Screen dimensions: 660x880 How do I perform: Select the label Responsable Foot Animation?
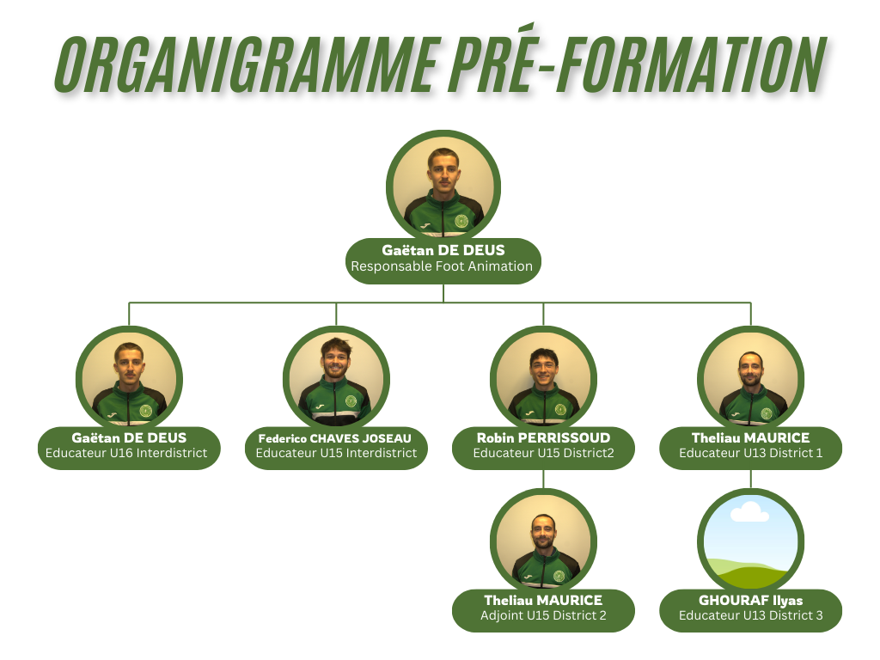click(442, 266)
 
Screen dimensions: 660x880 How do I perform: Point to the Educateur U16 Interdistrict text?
click(126, 453)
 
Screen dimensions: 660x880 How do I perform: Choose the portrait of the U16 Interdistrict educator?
click(129, 380)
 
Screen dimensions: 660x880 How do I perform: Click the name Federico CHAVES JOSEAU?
click(335, 438)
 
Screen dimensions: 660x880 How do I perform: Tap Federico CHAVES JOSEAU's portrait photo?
click(336, 380)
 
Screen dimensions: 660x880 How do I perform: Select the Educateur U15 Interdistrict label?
click(336, 453)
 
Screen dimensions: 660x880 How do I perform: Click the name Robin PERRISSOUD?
click(543, 438)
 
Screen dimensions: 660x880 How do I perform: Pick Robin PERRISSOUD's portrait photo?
click(543, 380)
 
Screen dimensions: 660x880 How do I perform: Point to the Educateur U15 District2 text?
click(543, 453)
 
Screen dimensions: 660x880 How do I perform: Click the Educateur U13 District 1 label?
click(750, 453)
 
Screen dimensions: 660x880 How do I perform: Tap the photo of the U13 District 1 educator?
click(751, 380)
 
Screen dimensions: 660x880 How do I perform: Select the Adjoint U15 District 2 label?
click(543, 615)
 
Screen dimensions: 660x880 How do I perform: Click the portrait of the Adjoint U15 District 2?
click(543, 542)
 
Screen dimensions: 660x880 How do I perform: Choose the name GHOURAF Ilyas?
click(750, 600)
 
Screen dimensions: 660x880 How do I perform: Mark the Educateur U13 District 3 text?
click(750, 615)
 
